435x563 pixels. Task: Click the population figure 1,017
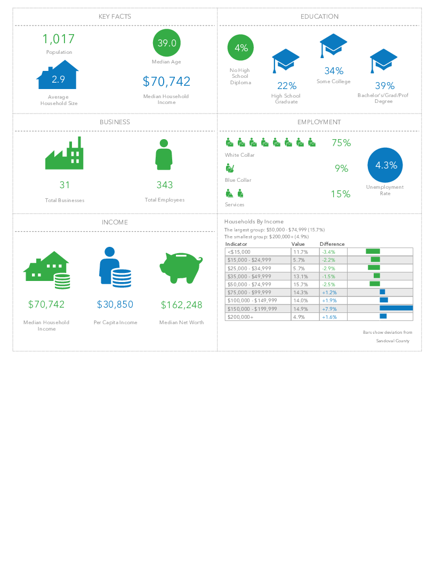point(59,39)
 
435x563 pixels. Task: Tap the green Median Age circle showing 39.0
point(167,43)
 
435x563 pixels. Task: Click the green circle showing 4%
point(241,48)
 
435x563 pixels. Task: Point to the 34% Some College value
point(334,71)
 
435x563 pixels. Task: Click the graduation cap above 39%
point(384,61)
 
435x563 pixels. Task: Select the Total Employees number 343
point(165,185)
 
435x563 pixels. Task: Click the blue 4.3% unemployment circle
point(385,165)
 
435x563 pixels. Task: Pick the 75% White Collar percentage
point(341,143)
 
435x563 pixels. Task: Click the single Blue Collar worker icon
point(230,168)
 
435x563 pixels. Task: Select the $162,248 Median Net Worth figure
point(182,305)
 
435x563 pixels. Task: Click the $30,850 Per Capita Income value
point(115,304)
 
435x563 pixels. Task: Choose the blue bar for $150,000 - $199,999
point(396,308)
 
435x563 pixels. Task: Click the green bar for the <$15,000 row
point(373,251)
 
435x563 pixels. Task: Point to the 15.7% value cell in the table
point(300,284)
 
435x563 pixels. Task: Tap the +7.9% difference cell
point(329,309)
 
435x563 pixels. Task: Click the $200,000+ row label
point(240,317)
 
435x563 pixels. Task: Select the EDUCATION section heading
point(319,17)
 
